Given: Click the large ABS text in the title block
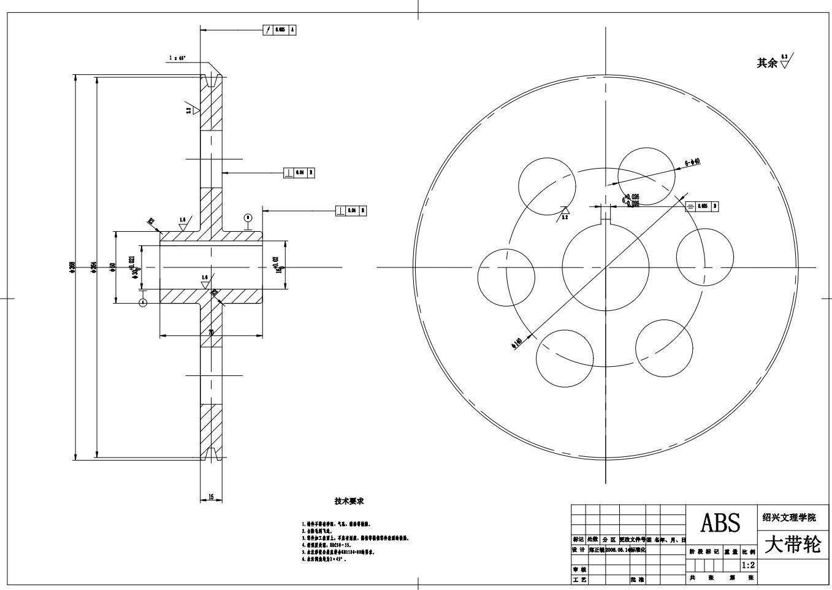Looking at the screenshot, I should tap(720, 523).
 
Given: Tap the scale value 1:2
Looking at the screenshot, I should tap(748, 565).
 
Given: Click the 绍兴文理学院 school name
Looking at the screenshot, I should tap(789, 518).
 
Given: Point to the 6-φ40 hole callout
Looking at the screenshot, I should tap(692, 163).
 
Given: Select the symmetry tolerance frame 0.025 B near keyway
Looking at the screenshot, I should tap(701, 207).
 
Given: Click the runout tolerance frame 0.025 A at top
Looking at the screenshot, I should tap(281, 29).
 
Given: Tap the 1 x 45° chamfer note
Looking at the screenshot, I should tap(178, 58).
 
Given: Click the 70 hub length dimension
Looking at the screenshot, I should tap(211, 332).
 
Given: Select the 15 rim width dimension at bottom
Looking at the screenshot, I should tap(212, 497).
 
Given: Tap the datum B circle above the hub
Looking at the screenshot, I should tap(248, 217).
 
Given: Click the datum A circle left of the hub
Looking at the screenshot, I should tap(143, 302).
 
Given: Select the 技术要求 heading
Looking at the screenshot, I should tap(349, 501).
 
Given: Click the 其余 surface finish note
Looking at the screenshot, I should tap(766, 63).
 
